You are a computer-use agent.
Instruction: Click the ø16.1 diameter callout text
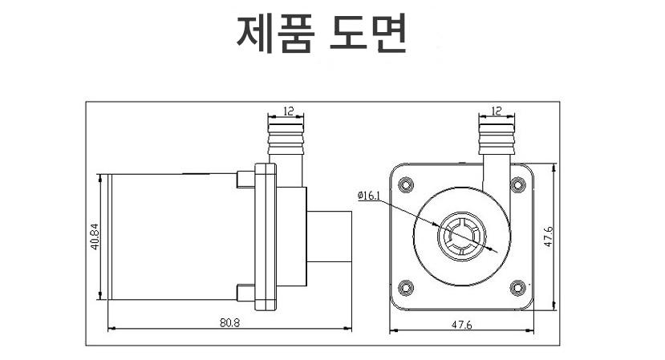tap(370, 195)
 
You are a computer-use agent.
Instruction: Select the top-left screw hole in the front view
tap(405, 184)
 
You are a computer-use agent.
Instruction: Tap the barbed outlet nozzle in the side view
tap(286, 140)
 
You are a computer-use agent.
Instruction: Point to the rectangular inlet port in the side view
tap(330, 237)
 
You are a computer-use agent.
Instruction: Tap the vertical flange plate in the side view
tap(266, 237)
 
